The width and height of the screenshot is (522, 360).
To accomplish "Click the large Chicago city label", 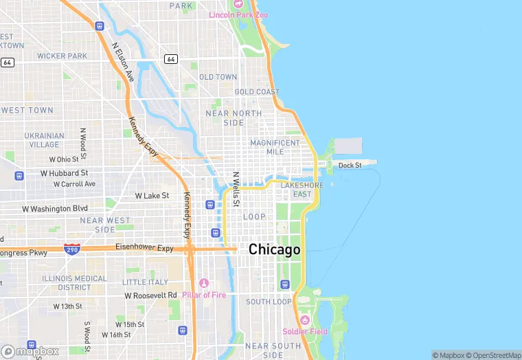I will coord(274,249).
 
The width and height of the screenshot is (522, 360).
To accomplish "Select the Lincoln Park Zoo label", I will coord(238,14).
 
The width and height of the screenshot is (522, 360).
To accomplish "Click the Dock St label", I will coord(350,165).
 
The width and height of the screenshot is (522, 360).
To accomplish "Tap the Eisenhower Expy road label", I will coord(144,247).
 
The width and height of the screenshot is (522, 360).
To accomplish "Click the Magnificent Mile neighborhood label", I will coord(275,147).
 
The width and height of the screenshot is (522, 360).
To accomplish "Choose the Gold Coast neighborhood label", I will coord(257,92).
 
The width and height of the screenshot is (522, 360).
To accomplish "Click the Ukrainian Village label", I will coord(44,140).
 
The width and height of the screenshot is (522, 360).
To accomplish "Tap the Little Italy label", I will coord(145,282).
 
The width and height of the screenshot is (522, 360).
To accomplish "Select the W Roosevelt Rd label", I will coord(150,295).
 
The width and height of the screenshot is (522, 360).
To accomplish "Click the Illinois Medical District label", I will coord(74,282).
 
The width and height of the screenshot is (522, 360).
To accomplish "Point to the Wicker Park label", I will coord(62,56).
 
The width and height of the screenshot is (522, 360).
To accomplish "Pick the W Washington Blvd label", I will coord(56,208).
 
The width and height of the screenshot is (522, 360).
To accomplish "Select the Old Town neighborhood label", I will coord(218,77).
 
